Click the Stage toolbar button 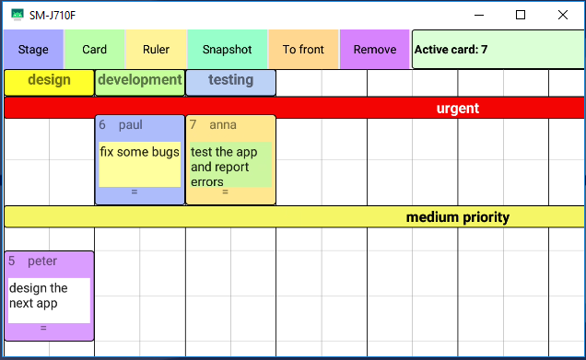(x=33, y=50)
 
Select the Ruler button (x=156, y=50)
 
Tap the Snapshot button (x=227, y=50)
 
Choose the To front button (x=303, y=50)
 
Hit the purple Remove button (x=375, y=50)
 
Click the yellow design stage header (x=49, y=81)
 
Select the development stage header (x=139, y=81)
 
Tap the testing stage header (x=230, y=81)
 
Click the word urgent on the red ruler (x=457, y=109)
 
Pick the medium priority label (x=457, y=217)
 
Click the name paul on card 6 (x=131, y=125)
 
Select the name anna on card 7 (x=223, y=125)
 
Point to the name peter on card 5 (x=42, y=261)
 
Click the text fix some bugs (x=139, y=152)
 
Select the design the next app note (x=39, y=296)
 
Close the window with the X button (x=563, y=15)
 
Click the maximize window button (x=521, y=15)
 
